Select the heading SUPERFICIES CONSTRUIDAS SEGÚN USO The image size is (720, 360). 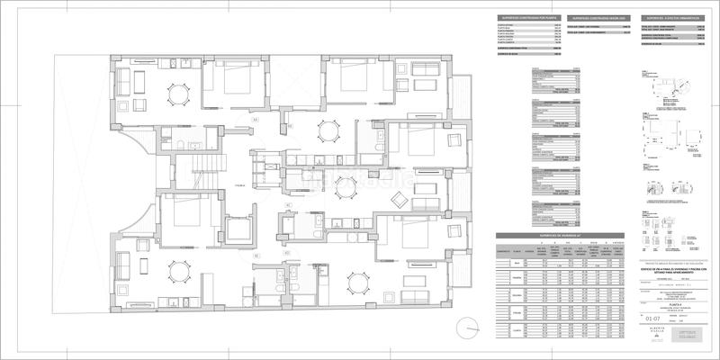coord(593,17)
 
